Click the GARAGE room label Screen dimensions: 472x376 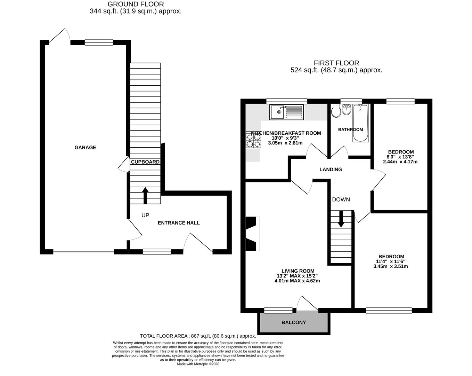pyautogui.click(x=85, y=148)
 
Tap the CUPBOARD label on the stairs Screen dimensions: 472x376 pyautogui.click(x=145, y=162)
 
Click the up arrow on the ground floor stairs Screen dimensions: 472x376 pyautogui.click(x=145, y=195)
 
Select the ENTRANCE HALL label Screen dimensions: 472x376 pyautogui.click(x=179, y=223)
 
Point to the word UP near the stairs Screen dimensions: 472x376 pyautogui.click(x=145, y=216)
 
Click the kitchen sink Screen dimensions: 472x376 pyautogui.click(x=286, y=112)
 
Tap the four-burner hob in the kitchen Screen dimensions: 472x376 pyautogui.click(x=253, y=140)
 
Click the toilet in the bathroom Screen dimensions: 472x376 pyautogui.click(x=336, y=111)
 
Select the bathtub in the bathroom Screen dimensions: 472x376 pyautogui.click(x=360, y=123)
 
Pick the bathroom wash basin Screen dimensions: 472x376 pyautogui.click(x=347, y=109)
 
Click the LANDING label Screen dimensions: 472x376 pyautogui.click(x=331, y=170)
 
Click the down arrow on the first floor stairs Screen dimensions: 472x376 pyautogui.click(x=341, y=219)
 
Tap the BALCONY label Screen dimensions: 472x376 pyautogui.click(x=294, y=322)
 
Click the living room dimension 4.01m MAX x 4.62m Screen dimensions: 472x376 pyautogui.click(x=297, y=281)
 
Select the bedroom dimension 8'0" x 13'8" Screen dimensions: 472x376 pyautogui.click(x=400, y=157)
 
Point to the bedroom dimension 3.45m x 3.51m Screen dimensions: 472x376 pyautogui.click(x=391, y=266)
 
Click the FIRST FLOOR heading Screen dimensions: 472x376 pyautogui.click(x=336, y=63)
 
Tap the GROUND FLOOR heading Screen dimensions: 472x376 pyautogui.click(x=136, y=4)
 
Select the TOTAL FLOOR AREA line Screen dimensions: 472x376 pyautogui.click(x=198, y=336)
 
